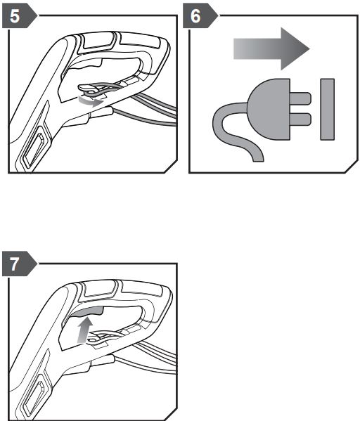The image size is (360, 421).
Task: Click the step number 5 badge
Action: [x=20, y=16]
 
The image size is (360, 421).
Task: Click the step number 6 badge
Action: [x=200, y=16]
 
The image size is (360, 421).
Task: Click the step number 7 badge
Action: [x=20, y=264]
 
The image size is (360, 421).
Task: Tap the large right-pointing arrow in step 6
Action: [x=271, y=48]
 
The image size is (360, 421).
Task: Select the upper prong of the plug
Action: [x=300, y=98]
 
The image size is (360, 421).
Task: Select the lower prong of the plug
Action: [x=300, y=119]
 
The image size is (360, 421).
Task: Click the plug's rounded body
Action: [x=269, y=109]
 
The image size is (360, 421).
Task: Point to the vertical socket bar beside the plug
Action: [x=327, y=109]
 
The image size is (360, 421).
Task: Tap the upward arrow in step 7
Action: [x=84, y=330]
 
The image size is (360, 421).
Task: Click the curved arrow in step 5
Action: [x=91, y=101]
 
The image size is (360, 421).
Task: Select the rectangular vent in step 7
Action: [x=34, y=399]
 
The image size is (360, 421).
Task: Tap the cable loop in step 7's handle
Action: [x=102, y=337]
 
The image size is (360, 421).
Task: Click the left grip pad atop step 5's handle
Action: [x=98, y=41]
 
